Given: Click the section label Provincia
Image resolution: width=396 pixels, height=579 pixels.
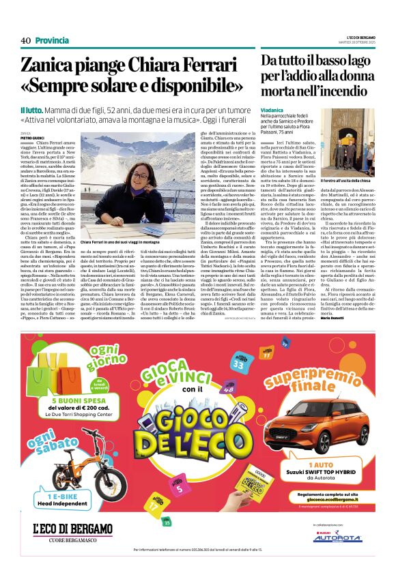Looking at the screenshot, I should pyautogui.click(x=52, y=40).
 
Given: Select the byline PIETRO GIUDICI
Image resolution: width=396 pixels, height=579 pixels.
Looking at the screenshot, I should pyautogui.click(x=31, y=138).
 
